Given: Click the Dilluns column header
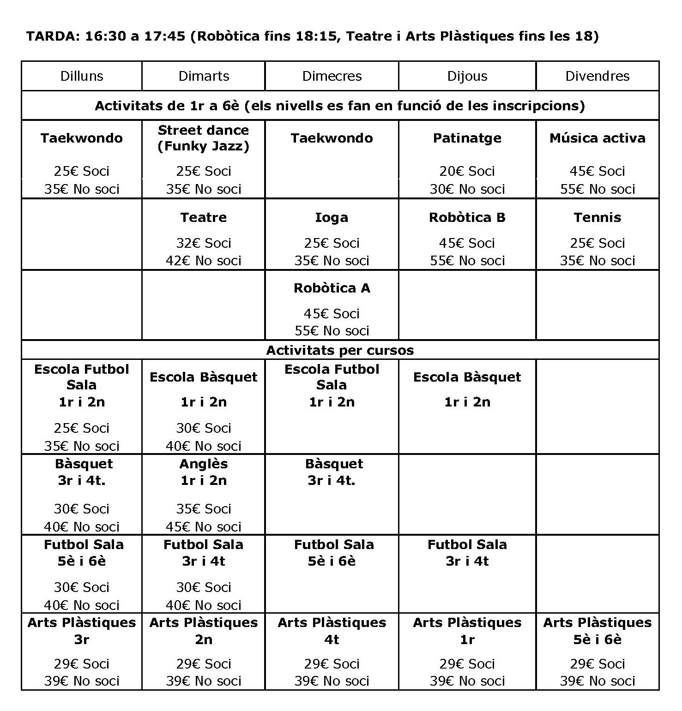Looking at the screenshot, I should click(x=82, y=76).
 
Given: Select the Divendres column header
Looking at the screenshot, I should click(x=597, y=76).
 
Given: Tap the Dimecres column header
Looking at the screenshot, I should click(x=332, y=76).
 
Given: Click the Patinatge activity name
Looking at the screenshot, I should click(x=467, y=138).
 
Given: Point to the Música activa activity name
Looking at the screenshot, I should click(x=597, y=138).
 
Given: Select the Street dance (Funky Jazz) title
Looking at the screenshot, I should click(x=203, y=138).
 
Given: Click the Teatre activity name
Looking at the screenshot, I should click(x=203, y=217).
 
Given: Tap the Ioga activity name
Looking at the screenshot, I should click(x=332, y=217).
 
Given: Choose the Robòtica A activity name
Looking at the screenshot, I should click(x=332, y=288).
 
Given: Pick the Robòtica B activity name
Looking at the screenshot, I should click(x=467, y=217).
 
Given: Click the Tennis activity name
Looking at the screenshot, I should click(x=597, y=217).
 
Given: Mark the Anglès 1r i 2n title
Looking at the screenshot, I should click(x=203, y=472).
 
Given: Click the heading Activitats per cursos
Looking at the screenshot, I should click(x=340, y=350).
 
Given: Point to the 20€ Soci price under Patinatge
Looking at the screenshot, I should click(x=467, y=171).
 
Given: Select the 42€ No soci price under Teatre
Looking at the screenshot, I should click(x=203, y=261).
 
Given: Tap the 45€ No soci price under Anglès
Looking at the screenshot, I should click(x=203, y=526).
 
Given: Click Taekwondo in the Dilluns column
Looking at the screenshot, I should click(x=82, y=138).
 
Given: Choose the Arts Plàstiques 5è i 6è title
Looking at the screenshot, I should click(x=597, y=631).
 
